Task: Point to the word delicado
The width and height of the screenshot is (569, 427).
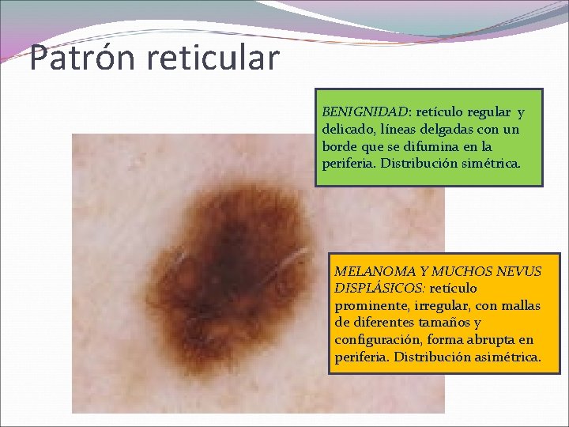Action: (x=348, y=130)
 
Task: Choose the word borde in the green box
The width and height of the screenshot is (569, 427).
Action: (x=341, y=146)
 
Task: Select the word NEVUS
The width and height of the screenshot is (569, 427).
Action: (x=519, y=272)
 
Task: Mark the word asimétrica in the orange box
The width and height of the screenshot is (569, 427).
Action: (x=507, y=357)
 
